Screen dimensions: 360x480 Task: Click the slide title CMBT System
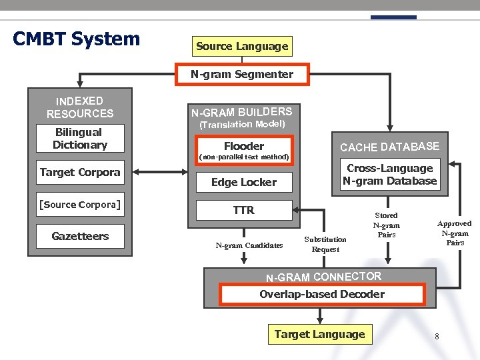(77, 39)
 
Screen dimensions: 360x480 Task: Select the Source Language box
(242, 47)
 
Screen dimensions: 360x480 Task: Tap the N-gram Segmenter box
(242, 75)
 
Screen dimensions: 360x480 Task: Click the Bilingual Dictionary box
(80, 139)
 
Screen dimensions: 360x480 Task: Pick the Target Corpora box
(80, 172)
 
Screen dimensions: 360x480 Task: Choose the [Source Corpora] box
(80, 205)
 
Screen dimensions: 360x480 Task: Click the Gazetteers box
(80, 236)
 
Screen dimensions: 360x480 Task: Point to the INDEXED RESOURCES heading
(80, 107)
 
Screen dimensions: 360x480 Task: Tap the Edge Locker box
(243, 182)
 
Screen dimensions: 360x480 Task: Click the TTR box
(243, 210)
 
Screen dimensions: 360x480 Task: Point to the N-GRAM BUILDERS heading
(242, 111)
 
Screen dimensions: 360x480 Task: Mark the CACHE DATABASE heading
(389, 147)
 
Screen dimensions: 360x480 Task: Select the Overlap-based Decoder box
(321, 294)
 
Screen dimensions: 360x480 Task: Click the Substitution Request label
(325, 244)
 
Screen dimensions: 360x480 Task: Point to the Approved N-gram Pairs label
(455, 233)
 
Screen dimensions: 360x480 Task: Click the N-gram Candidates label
(249, 245)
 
